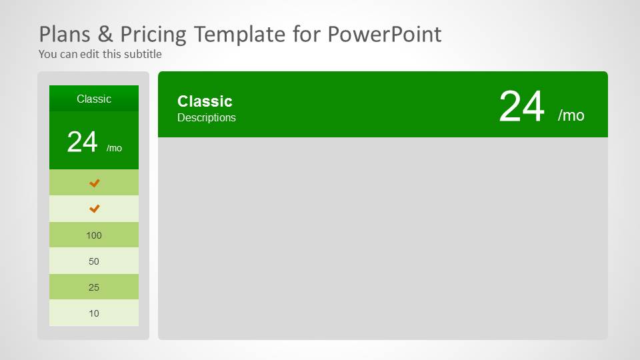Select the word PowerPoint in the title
tap(385, 34)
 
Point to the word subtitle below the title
tap(143, 54)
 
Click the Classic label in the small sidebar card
tap(94, 99)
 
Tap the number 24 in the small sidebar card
tap(83, 142)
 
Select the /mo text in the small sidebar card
tap(114, 148)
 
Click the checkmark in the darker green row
tap(94, 183)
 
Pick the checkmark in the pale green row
tap(94, 209)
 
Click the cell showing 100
tap(94, 235)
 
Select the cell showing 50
tap(94, 261)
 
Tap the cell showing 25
tap(94, 287)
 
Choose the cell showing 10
tap(94, 313)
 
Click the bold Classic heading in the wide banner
tap(205, 101)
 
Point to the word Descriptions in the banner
tap(207, 118)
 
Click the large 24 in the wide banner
tap(522, 107)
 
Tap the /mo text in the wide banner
tap(571, 115)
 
